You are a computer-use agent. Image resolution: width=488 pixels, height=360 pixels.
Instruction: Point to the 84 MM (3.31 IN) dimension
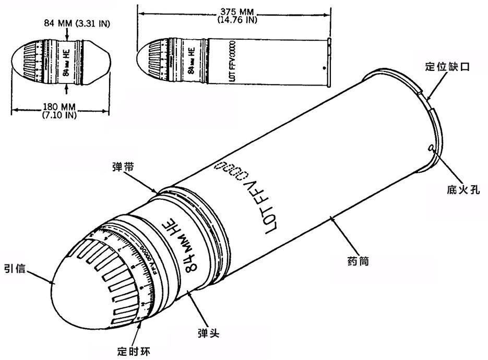tap(67, 23)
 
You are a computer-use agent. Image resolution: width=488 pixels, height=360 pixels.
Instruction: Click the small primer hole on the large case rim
tap(431, 149)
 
